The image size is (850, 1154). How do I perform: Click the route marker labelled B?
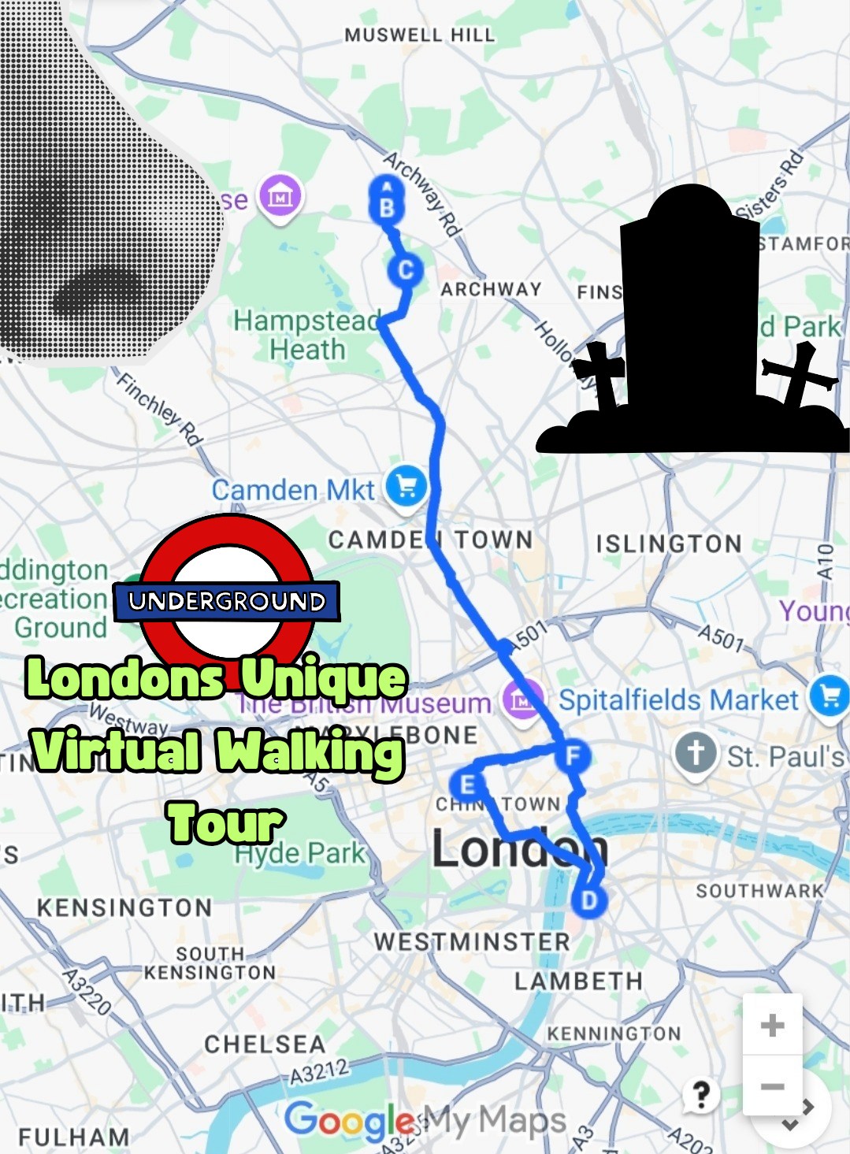click(387, 207)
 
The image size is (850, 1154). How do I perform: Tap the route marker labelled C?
click(406, 270)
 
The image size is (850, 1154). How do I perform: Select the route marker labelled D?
click(588, 900)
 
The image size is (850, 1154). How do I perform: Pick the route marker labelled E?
click(467, 785)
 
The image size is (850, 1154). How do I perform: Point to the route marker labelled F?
click(573, 755)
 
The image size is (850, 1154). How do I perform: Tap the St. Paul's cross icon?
click(696, 753)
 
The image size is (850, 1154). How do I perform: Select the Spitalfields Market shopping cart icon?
click(830, 696)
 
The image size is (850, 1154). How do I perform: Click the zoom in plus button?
click(772, 1025)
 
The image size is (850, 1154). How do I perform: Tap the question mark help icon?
click(700, 1094)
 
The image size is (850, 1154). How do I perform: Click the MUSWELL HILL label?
click(420, 35)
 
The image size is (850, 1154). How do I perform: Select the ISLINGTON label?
click(669, 544)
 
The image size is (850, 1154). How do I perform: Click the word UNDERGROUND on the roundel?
click(227, 602)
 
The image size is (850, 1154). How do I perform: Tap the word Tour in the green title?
click(225, 823)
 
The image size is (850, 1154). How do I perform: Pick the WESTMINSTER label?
click(471, 941)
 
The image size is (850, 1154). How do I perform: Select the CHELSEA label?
click(265, 1045)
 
